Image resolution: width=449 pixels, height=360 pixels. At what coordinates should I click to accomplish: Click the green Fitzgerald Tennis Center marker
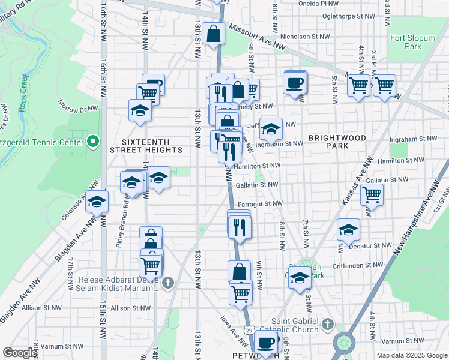coord(92,142)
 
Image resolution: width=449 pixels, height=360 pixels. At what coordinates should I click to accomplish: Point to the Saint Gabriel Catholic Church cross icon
coord(327,324)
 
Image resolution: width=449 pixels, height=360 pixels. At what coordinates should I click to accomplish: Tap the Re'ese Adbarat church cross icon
coord(169,282)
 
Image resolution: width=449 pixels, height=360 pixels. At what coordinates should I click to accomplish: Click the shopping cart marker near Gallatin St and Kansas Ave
coord(372,194)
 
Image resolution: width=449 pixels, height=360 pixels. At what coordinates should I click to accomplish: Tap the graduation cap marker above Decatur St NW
coord(348,230)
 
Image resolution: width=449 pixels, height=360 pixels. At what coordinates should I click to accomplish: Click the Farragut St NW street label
coord(259,204)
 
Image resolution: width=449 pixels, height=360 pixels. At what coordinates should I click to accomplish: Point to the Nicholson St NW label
coord(306,37)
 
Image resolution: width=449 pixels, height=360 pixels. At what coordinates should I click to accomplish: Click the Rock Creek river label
coord(23,92)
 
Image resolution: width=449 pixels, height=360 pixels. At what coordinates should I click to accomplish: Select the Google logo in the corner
coord(20,353)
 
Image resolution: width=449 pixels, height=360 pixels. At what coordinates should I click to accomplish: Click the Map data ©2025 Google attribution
coord(411,355)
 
